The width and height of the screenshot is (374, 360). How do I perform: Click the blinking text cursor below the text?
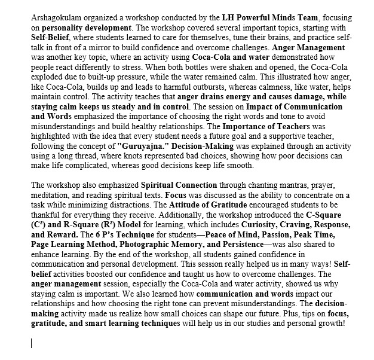click(x=31, y=343)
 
